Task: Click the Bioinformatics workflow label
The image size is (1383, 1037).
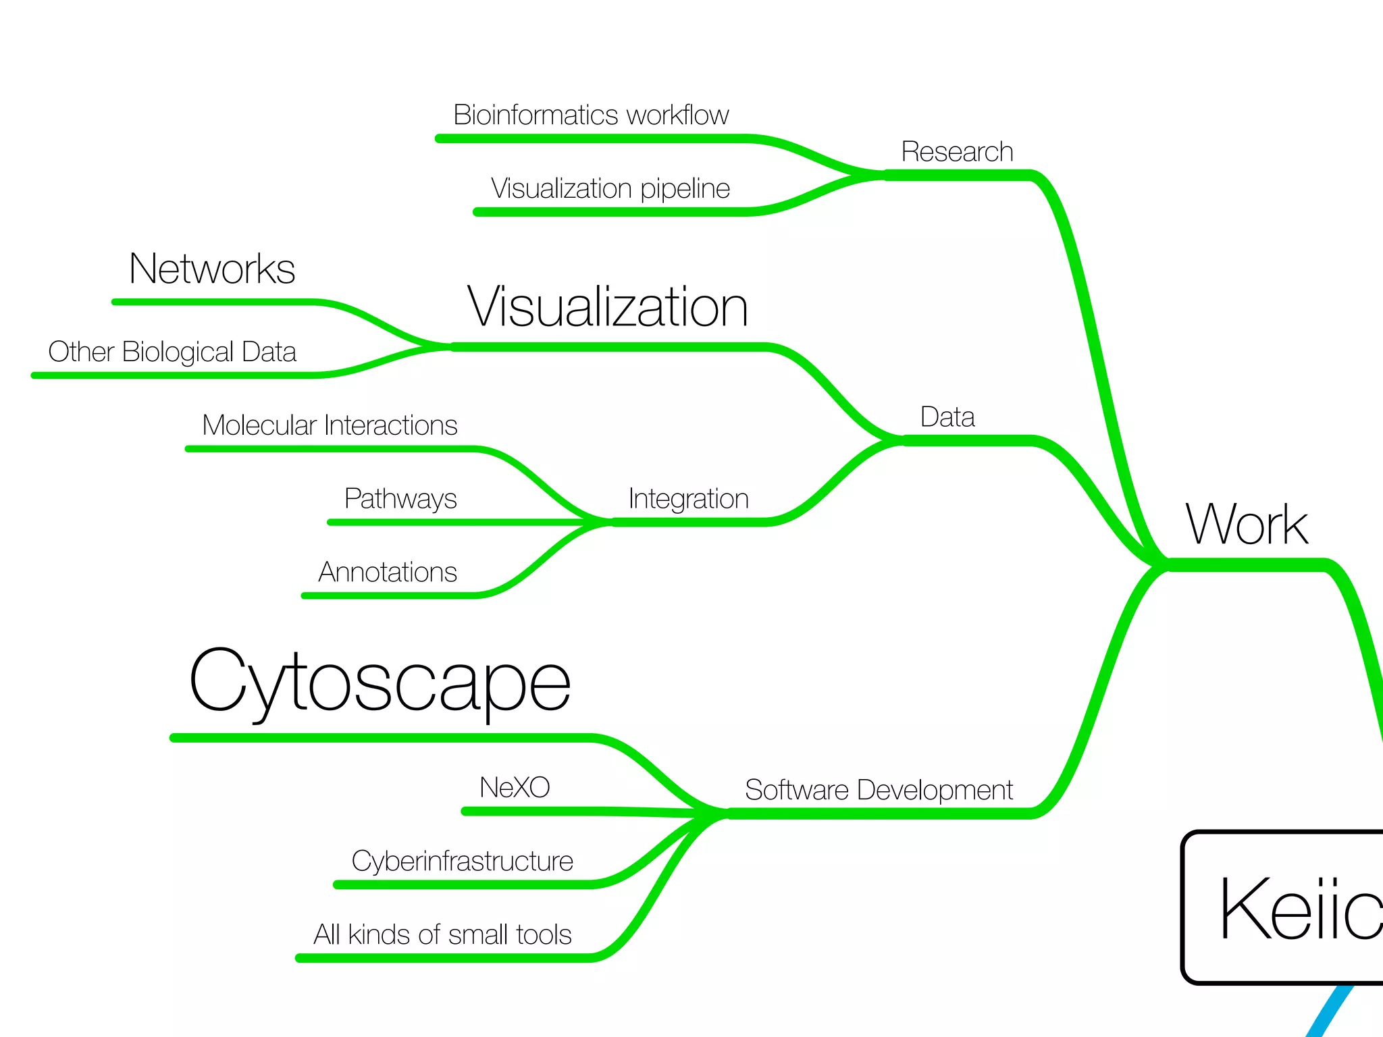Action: (591, 115)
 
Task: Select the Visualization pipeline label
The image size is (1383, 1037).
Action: (610, 188)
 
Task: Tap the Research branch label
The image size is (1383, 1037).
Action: (957, 152)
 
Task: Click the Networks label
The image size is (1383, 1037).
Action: (212, 269)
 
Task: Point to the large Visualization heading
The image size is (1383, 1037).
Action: (608, 307)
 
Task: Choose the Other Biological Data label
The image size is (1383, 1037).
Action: (172, 352)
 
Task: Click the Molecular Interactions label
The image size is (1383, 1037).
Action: (330, 425)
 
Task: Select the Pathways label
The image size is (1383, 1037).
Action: (400, 499)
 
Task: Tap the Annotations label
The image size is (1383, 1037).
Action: (388, 573)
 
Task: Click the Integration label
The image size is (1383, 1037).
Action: (688, 499)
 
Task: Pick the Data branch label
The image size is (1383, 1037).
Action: (947, 417)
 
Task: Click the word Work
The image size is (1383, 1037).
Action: (1247, 525)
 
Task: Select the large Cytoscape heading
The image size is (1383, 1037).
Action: (380, 682)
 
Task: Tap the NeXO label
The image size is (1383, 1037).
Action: (515, 788)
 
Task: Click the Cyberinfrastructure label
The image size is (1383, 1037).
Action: (462, 861)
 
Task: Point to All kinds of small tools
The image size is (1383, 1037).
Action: (442, 935)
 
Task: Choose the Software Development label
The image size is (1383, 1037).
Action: (878, 790)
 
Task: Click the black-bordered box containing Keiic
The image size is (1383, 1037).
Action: (1283, 908)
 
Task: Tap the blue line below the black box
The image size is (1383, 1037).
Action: (1329, 1013)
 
